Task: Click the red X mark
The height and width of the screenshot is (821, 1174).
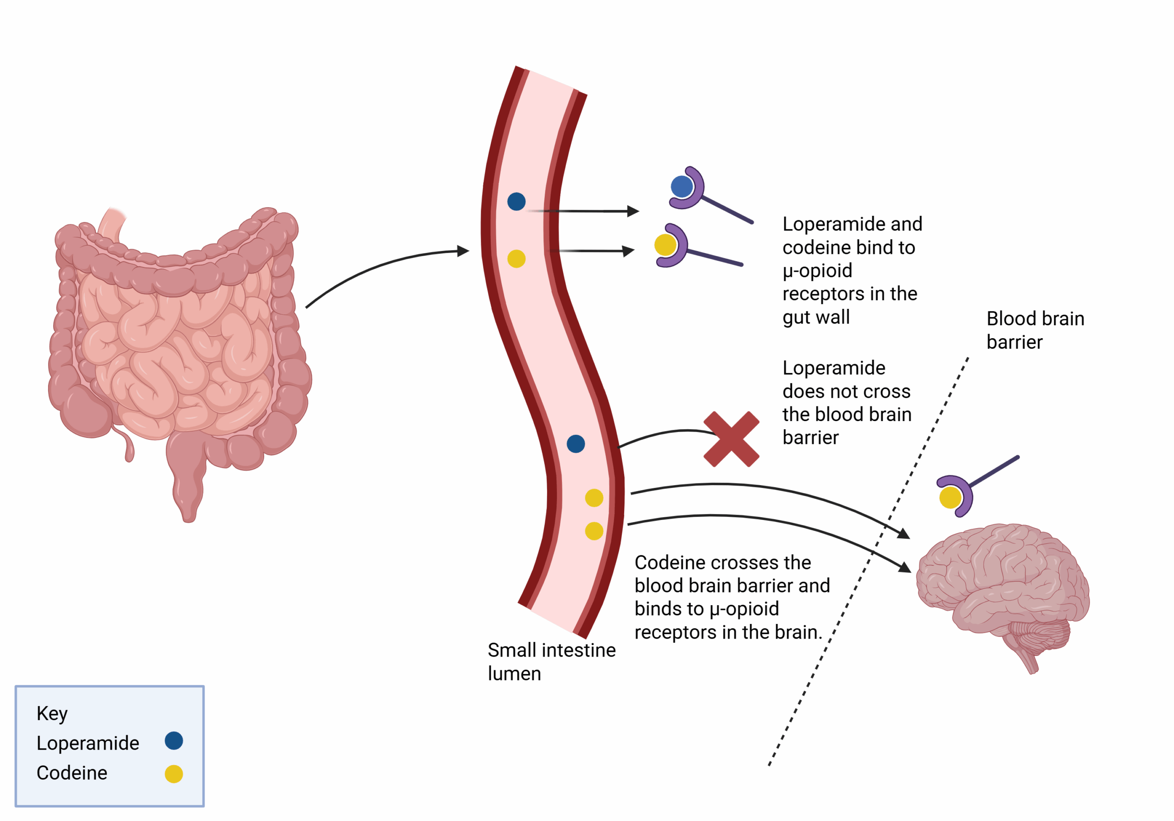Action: [731, 439]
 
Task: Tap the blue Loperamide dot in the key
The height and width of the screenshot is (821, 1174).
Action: [174, 740]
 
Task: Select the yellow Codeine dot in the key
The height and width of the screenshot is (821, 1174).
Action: [174, 773]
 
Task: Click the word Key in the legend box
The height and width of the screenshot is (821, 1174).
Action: [52, 713]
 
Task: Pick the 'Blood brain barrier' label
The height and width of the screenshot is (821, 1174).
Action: [1035, 330]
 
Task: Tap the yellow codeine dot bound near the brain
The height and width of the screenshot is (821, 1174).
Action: [950, 498]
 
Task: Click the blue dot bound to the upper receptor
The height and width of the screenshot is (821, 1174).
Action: [681, 186]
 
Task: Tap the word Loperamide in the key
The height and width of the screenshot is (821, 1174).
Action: [88, 743]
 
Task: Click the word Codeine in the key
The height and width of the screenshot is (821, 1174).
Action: [72, 773]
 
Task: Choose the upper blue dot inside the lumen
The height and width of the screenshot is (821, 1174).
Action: [516, 201]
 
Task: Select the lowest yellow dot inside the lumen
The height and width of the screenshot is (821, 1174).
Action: [593, 531]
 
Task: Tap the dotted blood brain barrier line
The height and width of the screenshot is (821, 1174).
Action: [869, 562]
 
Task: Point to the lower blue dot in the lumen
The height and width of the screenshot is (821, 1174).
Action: [576, 443]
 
